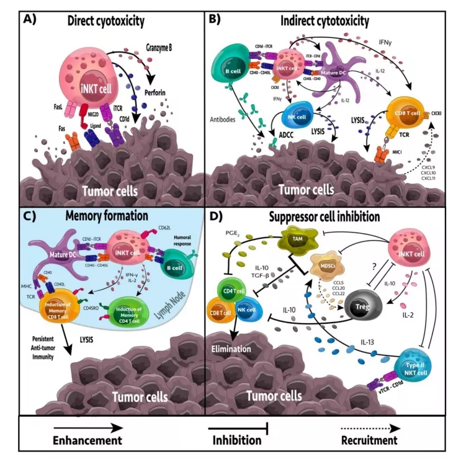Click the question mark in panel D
click(390, 262)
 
